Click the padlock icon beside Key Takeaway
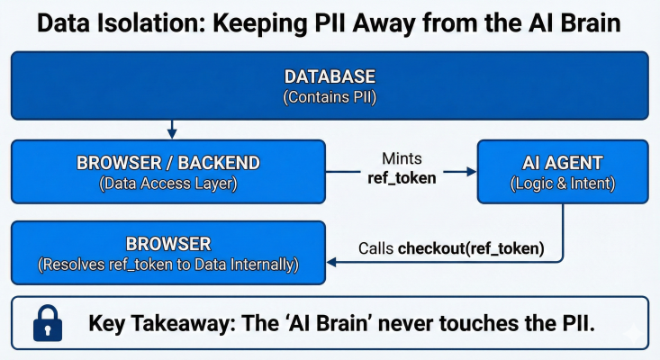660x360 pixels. pyautogui.click(x=48, y=323)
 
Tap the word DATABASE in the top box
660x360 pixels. pyautogui.click(x=330, y=76)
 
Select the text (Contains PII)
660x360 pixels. pyautogui.click(x=330, y=97)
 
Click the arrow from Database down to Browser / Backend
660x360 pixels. pyautogui.click(x=172, y=129)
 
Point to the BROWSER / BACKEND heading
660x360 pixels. pyautogui.click(x=168, y=163)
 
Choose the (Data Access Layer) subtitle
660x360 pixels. pyautogui.click(x=168, y=184)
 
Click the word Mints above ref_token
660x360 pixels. pyautogui.click(x=402, y=158)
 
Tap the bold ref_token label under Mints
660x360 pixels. pyautogui.click(x=402, y=178)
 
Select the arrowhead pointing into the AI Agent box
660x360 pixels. pyautogui.click(x=472, y=172)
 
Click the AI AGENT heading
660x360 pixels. pyautogui.click(x=563, y=163)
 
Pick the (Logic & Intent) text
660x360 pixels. pyautogui.click(x=563, y=184)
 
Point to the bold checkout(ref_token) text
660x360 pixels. pyautogui.click(x=471, y=248)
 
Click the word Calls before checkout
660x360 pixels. pyautogui.click(x=375, y=248)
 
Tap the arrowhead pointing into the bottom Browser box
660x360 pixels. pyautogui.click(x=331, y=263)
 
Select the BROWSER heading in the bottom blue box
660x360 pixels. pyautogui.click(x=168, y=244)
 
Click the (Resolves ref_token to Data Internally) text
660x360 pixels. pyautogui.click(x=168, y=265)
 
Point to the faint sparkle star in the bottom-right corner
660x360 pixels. pyautogui.click(x=634, y=334)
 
